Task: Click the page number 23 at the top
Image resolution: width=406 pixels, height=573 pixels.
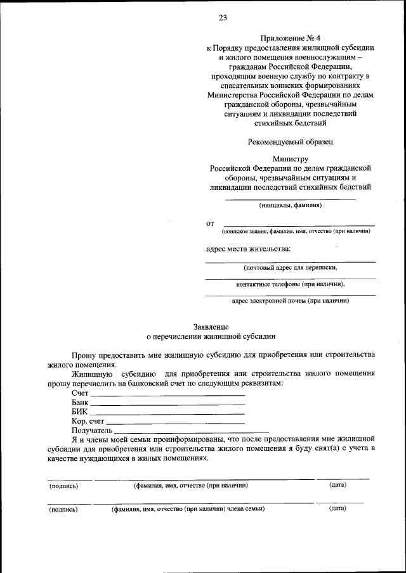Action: pos(223,18)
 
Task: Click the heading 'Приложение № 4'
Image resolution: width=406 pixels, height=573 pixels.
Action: pos(290,39)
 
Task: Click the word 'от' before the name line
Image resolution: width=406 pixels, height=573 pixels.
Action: pos(210,224)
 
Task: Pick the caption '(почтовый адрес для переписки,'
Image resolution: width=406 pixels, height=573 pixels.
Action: pos(290,268)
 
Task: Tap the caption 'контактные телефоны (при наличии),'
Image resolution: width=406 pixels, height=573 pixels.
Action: pos(290,284)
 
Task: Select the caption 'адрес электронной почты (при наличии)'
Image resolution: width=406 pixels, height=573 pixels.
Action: pos(290,301)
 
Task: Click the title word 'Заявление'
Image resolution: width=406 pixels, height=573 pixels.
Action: pos(203,327)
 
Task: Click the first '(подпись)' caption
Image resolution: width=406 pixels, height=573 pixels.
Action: pos(64,486)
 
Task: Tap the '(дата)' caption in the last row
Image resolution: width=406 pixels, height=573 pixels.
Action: pos(337,508)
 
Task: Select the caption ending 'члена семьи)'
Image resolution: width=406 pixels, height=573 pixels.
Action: pos(188,508)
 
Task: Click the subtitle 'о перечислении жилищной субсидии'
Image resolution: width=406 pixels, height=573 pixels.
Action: pos(203,337)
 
